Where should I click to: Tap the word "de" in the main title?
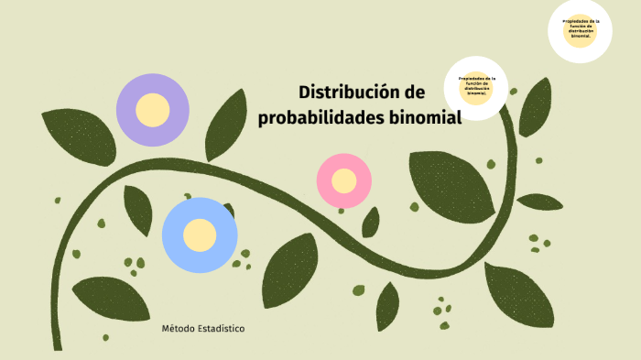tap(414, 93)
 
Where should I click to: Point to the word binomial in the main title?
tap(420, 118)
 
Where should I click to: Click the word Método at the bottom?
tap(179, 328)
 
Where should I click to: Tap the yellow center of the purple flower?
tap(152, 110)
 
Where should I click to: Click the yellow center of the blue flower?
tap(199, 235)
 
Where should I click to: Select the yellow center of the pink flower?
tap(343, 180)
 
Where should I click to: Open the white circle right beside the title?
tap(476, 88)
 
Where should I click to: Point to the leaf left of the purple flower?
tap(79, 135)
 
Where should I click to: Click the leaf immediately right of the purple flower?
tap(224, 124)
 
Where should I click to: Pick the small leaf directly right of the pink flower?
tap(371, 223)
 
